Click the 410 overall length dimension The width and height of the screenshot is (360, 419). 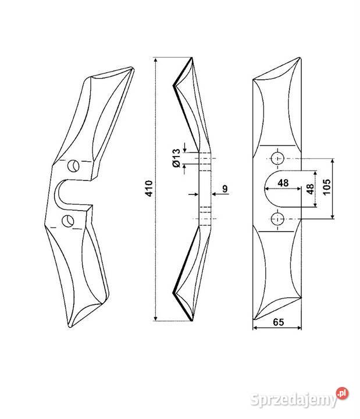pos(149,189)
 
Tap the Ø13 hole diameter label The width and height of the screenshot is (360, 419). pos(177,158)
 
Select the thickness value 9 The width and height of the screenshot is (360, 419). pos(225,189)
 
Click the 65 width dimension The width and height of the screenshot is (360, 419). pos(278,322)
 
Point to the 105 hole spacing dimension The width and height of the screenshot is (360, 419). pos(327,187)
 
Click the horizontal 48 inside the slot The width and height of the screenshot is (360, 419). pos(283,183)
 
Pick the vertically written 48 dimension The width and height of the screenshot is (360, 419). pos(310,189)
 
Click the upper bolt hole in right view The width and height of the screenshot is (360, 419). pos(277,159)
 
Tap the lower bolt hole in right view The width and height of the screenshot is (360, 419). pos(277,219)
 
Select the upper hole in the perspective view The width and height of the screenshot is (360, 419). pos(73,166)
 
